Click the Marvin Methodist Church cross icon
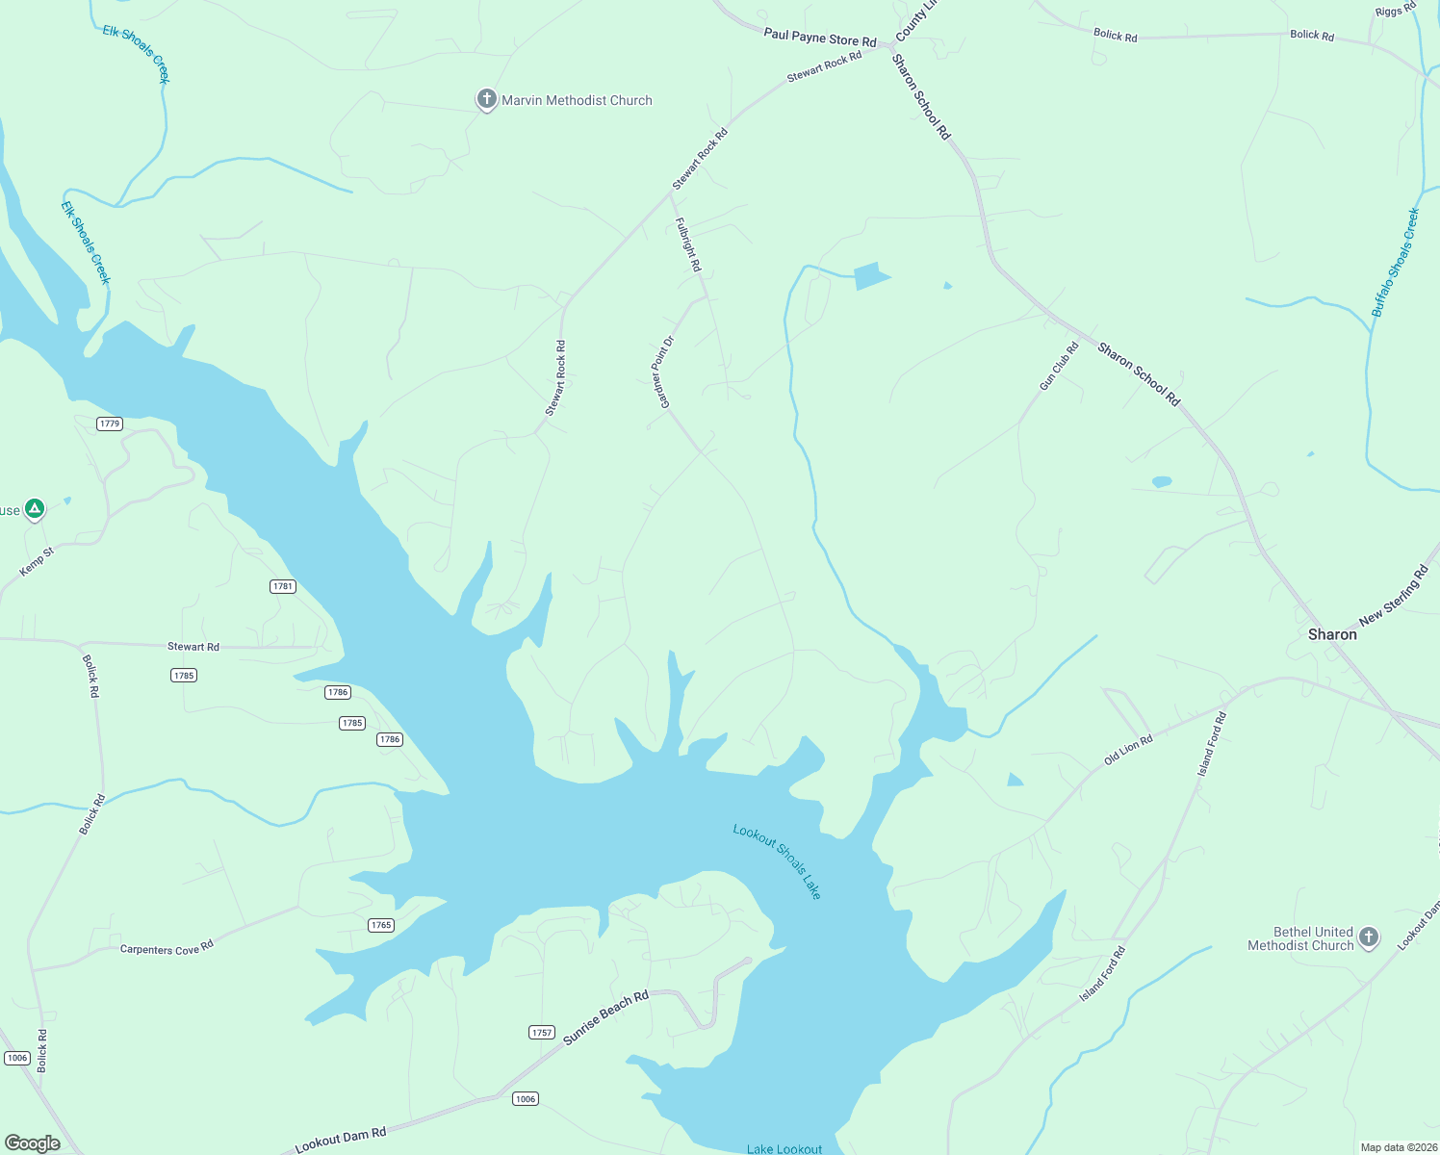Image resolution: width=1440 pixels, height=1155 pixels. tap(487, 99)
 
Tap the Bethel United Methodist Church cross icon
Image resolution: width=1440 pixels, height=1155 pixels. tap(1368, 937)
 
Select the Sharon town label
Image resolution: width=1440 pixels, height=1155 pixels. tap(1332, 634)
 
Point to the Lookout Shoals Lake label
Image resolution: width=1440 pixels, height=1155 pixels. tap(778, 861)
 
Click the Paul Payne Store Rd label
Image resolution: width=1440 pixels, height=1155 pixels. tap(820, 38)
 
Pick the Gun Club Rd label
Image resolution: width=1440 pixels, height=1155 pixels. tap(1059, 367)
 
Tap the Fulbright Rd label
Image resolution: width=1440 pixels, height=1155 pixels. tap(687, 244)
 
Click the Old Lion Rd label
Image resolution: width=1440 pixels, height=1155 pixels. tap(1128, 750)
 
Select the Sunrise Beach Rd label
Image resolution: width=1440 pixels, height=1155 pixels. tap(605, 1017)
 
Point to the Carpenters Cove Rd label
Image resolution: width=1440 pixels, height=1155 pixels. tap(167, 948)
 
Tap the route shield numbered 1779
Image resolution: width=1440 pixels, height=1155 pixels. tap(110, 423)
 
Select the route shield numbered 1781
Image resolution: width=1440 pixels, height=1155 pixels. tap(282, 586)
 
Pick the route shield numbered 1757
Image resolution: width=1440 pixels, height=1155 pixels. tap(542, 1033)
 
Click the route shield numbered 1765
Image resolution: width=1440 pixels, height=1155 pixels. tap(381, 925)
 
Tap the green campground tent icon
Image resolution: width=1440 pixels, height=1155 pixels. tap(35, 508)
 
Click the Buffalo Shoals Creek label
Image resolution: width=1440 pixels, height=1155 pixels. tap(1396, 263)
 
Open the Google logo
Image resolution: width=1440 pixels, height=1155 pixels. tap(33, 1142)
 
